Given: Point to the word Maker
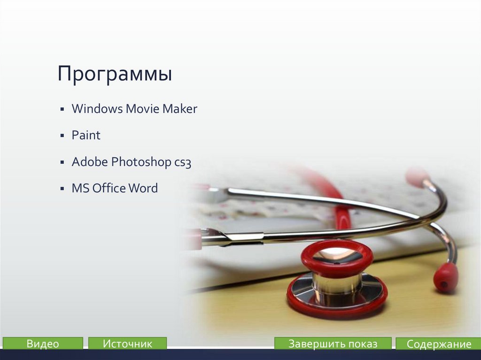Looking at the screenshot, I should coord(180,109).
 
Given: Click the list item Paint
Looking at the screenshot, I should coord(86,136).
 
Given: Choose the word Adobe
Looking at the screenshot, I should coord(89,162).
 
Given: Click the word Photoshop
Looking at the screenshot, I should coord(134,162).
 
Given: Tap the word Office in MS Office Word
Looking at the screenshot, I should coord(109,189).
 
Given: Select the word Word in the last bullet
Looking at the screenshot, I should coord(143,189).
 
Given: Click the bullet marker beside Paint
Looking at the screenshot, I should coord(62,136).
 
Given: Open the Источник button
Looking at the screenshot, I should coord(127,344).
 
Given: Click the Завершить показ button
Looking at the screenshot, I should coord(333,344).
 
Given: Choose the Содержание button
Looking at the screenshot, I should coord(438,344).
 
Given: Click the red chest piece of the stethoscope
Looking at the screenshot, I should coord(337,282).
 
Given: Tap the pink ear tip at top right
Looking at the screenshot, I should coord(417,176).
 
